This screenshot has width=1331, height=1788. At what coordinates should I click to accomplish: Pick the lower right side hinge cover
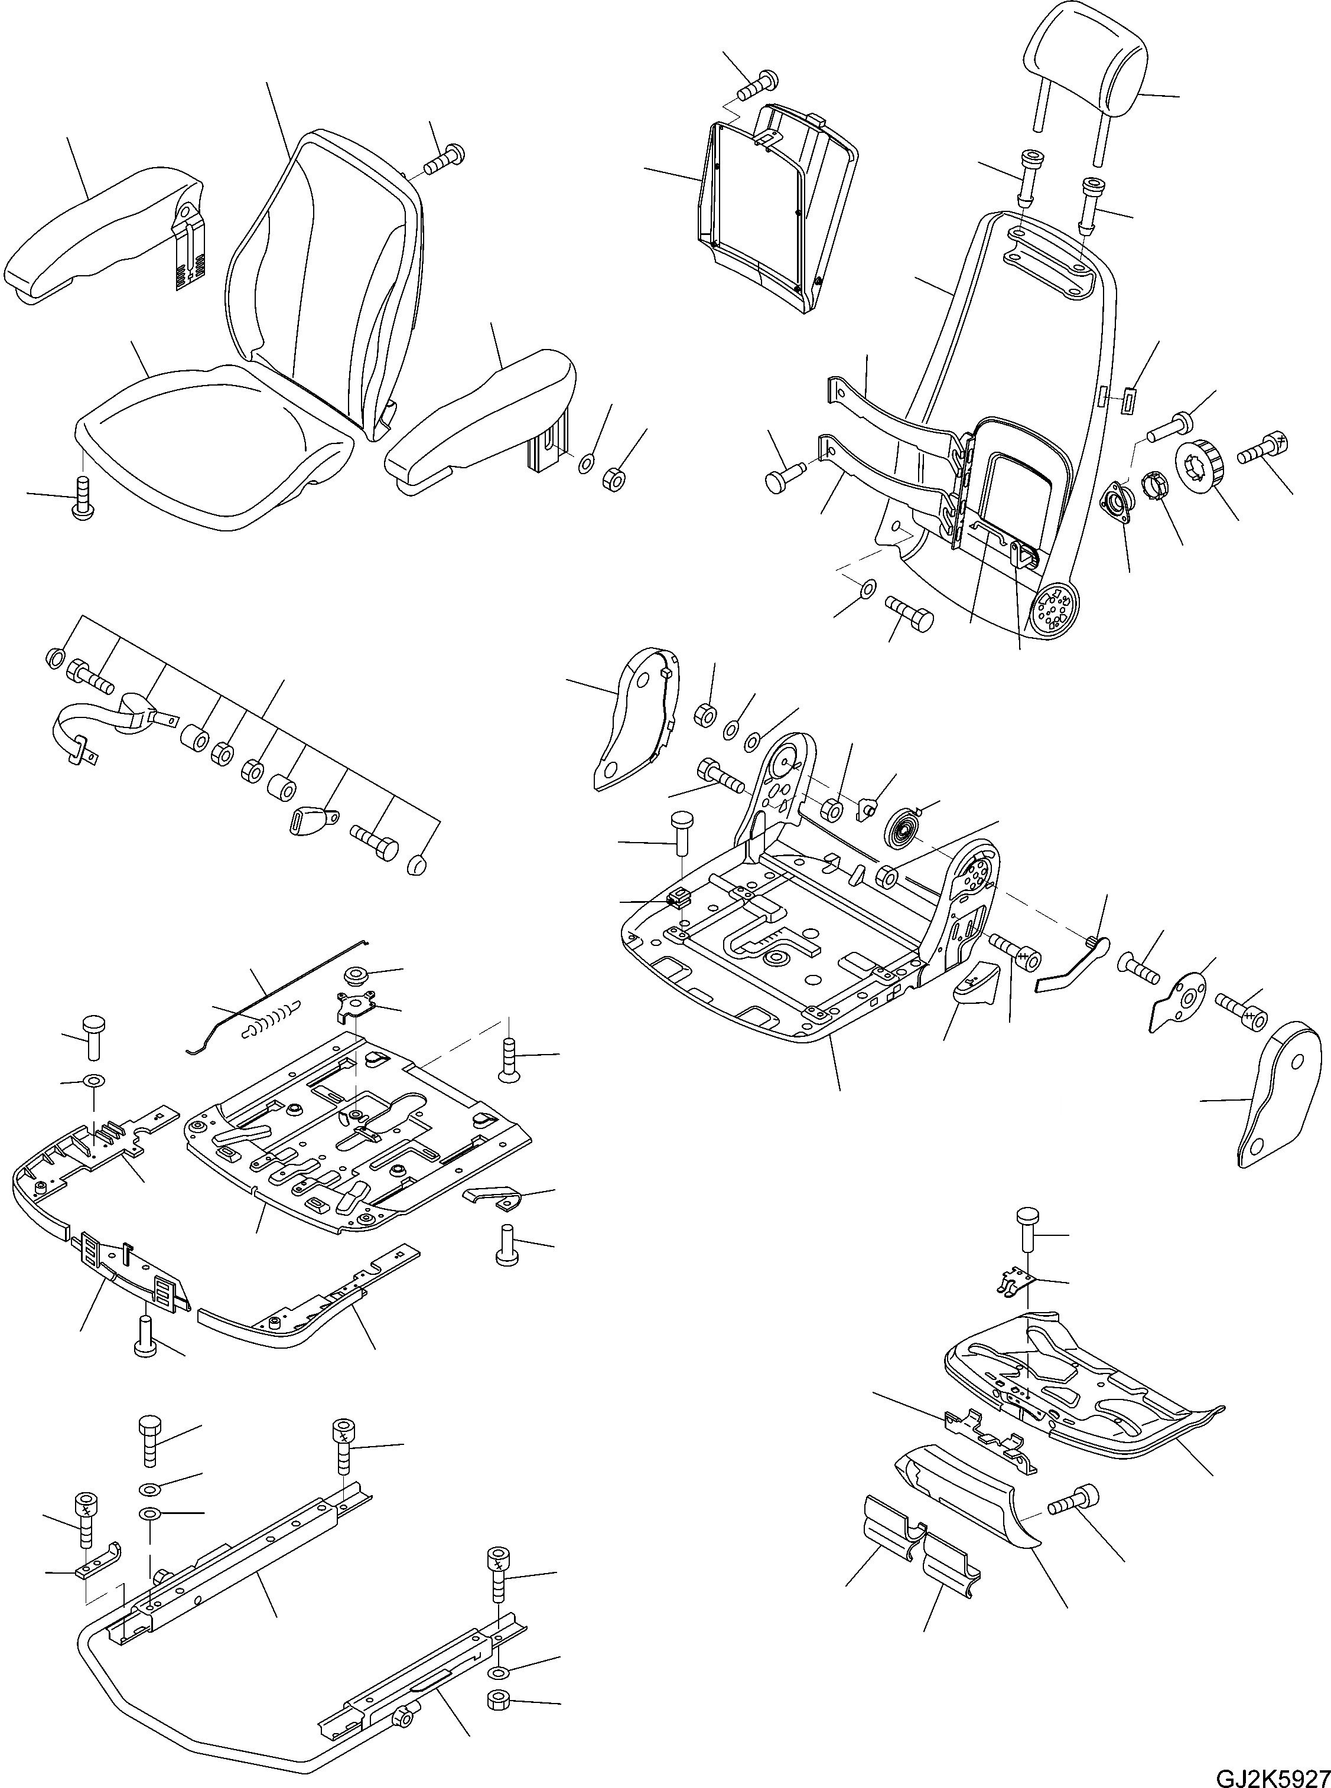pos(1277,1095)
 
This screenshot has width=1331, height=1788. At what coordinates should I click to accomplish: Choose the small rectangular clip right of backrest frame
pos(1128,397)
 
